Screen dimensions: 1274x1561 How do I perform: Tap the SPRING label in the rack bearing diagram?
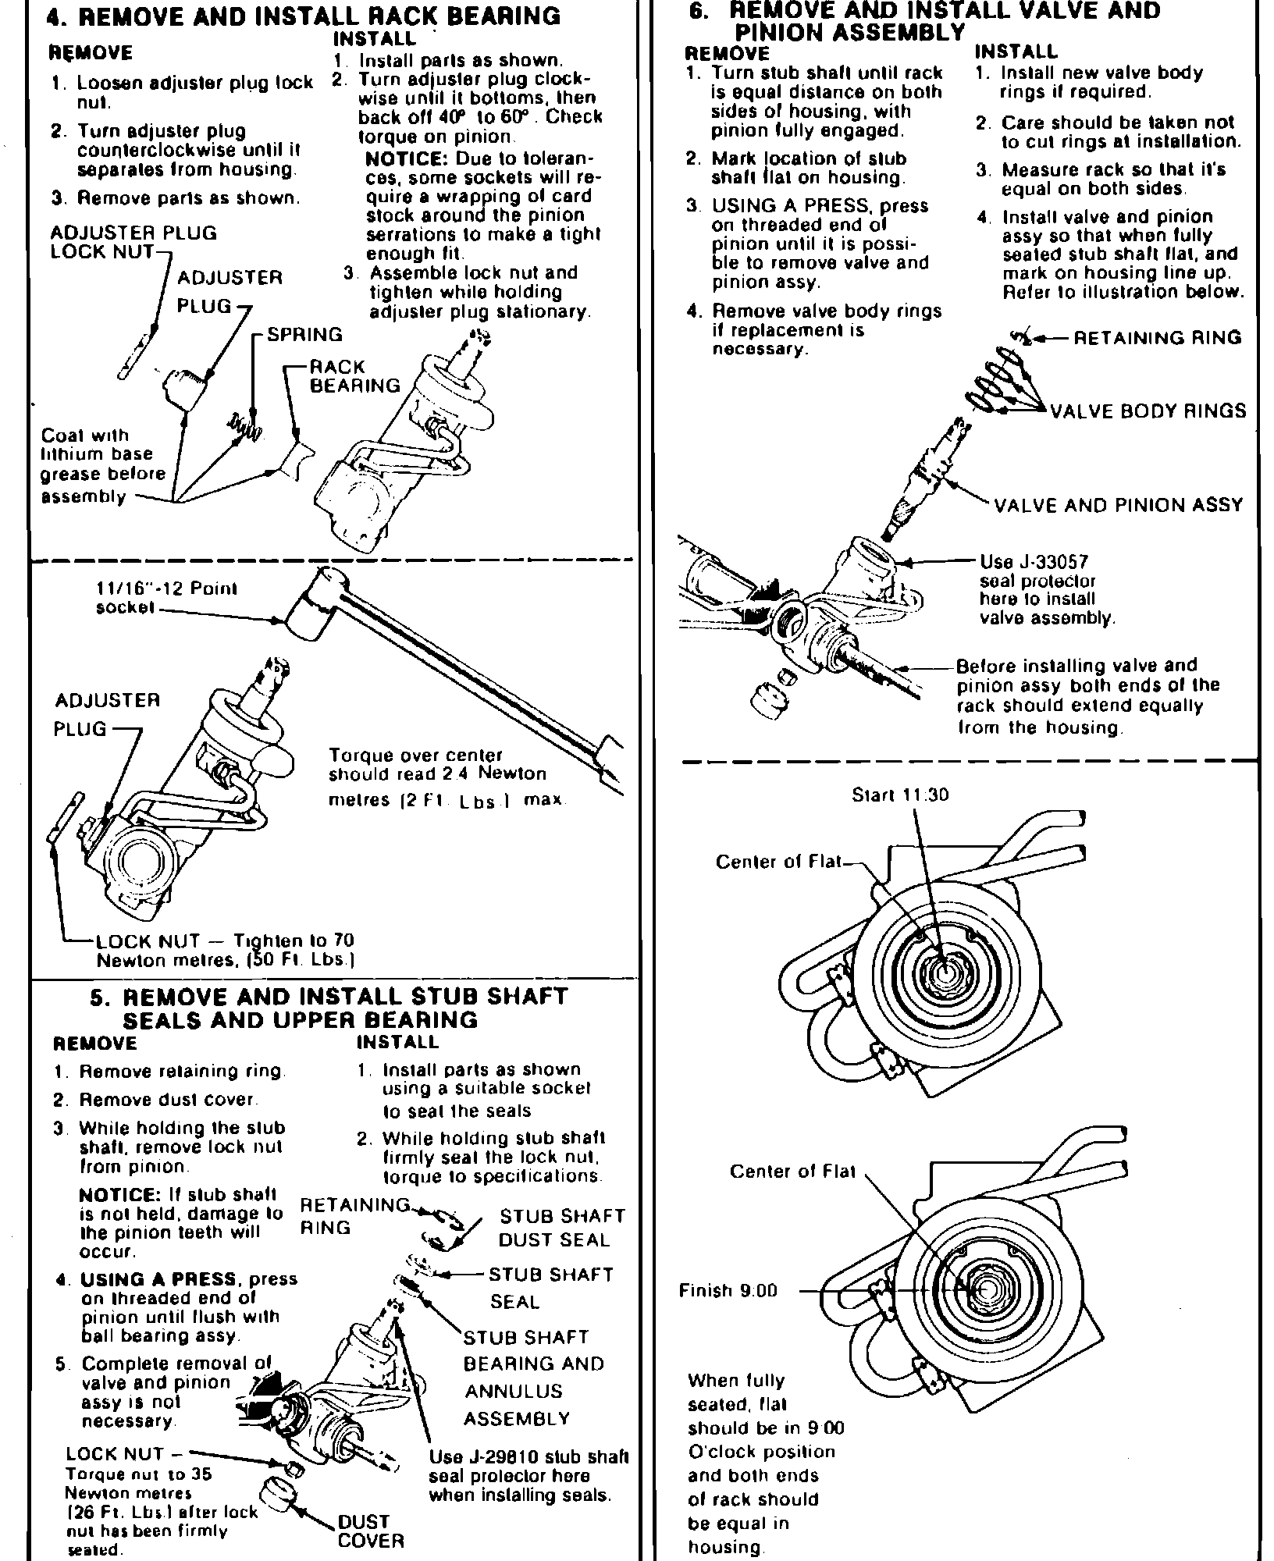coord(304,335)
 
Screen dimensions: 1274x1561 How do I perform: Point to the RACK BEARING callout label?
coord(354,376)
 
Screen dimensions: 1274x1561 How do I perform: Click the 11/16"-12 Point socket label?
coord(165,598)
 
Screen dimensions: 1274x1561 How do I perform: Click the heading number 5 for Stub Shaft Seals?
coord(98,997)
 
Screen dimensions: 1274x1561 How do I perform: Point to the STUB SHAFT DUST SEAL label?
coord(562,1228)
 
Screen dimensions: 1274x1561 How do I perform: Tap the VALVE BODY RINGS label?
coord(1148,411)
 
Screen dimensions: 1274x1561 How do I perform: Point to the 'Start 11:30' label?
coord(900,795)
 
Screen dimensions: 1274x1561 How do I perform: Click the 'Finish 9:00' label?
coord(728,1291)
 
